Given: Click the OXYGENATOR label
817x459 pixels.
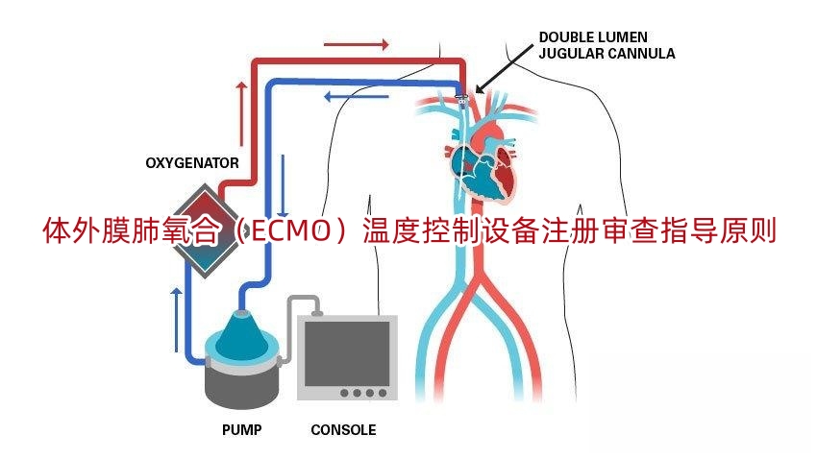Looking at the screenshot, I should [x=192, y=163].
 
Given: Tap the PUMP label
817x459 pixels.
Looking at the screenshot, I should [x=241, y=430].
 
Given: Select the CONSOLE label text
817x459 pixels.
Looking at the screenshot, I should [x=343, y=430].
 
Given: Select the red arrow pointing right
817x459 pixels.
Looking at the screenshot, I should [x=356, y=44].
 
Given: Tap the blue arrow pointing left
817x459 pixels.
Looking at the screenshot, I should [x=356, y=95].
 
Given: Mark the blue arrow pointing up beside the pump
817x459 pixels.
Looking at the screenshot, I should [x=176, y=317].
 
